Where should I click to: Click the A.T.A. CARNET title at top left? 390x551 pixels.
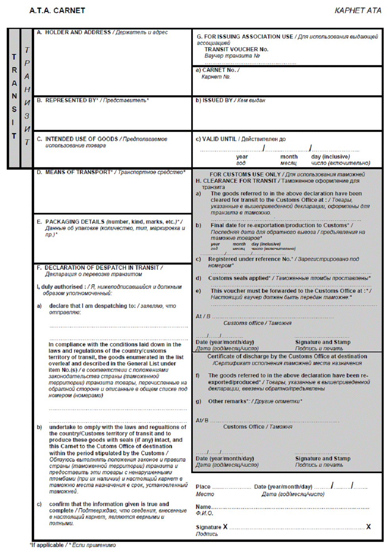[x=57, y=11]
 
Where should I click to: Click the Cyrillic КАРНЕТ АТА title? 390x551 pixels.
[x=357, y=11]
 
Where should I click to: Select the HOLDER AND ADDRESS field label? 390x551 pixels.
[x=78, y=32]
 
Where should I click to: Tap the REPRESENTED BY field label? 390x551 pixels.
[x=72, y=101]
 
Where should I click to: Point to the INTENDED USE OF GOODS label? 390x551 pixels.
[x=81, y=139]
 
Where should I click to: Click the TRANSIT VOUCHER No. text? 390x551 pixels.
[x=236, y=49]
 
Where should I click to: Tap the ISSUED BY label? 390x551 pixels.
[x=217, y=101]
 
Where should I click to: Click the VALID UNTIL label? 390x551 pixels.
[x=219, y=139]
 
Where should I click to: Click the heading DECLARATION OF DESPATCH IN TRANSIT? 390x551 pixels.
[x=102, y=268]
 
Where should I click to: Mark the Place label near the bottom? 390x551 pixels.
[x=203, y=487]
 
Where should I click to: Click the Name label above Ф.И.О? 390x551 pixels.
[x=203, y=507]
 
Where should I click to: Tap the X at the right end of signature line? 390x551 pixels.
[x=368, y=527]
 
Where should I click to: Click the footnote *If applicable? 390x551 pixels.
[x=47, y=545]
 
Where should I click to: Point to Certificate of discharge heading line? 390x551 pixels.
[x=287, y=356]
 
